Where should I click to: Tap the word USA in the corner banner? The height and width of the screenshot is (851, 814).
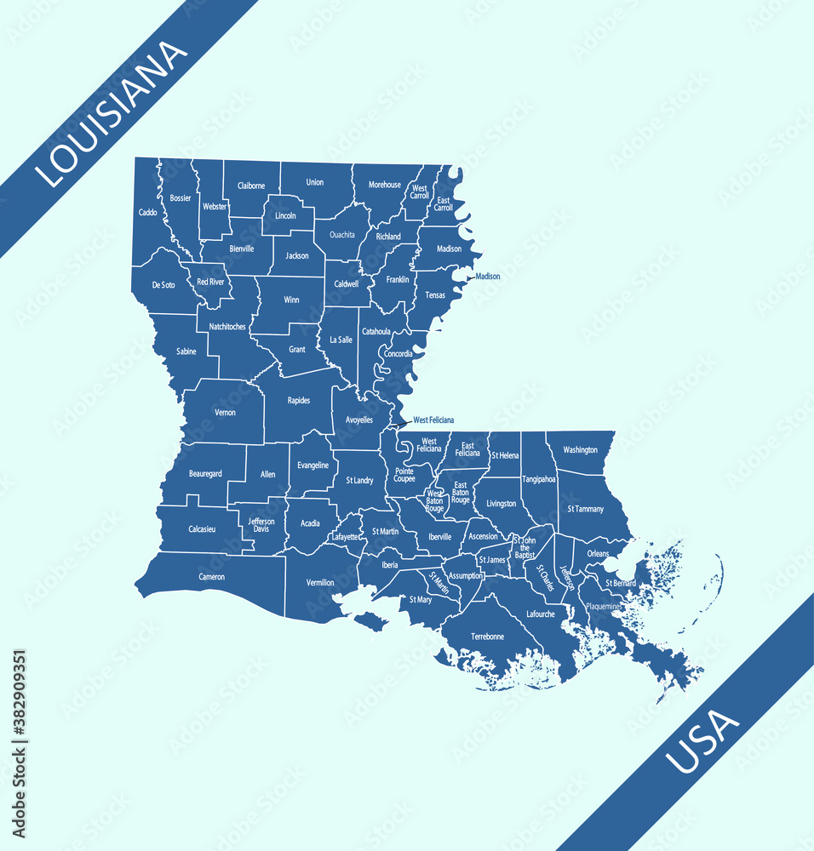[702, 742]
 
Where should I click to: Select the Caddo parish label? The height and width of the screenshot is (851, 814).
[147, 212]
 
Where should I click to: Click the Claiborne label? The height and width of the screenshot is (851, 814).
[251, 186]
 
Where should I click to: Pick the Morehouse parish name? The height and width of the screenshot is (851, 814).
[384, 185]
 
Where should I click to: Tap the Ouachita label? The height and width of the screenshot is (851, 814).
[341, 234]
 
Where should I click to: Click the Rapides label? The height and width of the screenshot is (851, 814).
[299, 400]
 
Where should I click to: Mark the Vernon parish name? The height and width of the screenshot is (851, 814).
[225, 413]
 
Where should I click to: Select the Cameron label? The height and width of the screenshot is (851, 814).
[212, 577]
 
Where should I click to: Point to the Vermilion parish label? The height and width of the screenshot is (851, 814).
[320, 583]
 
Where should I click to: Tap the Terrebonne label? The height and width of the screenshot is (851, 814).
[487, 636]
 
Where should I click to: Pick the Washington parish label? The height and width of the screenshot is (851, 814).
[580, 450]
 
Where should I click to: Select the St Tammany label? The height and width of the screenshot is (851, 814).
[585, 509]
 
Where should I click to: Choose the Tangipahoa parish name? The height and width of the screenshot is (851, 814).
[538, 479]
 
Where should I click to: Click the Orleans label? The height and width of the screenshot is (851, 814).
[598, 554]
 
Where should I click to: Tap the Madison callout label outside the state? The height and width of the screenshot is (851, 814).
[488, 277]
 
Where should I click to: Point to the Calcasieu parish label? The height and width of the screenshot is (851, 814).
[202, 528]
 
